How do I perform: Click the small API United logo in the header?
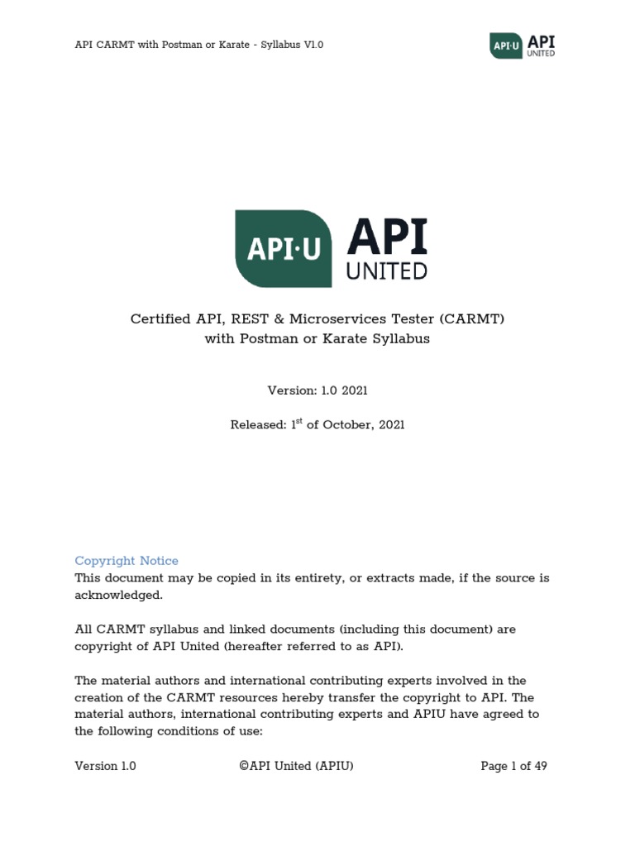tap(521, 45)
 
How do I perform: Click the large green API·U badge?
tap(284, 249)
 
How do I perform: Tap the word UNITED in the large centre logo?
tap(387, 270)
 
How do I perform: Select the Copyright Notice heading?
tap(127, 561)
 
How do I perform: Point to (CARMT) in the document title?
tap(470, 318)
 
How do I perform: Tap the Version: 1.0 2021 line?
tap(317, 390)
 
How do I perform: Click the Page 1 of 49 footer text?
tap(513, 766)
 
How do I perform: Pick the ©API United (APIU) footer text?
tap(296, 766)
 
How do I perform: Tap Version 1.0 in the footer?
tap(106, 766)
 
